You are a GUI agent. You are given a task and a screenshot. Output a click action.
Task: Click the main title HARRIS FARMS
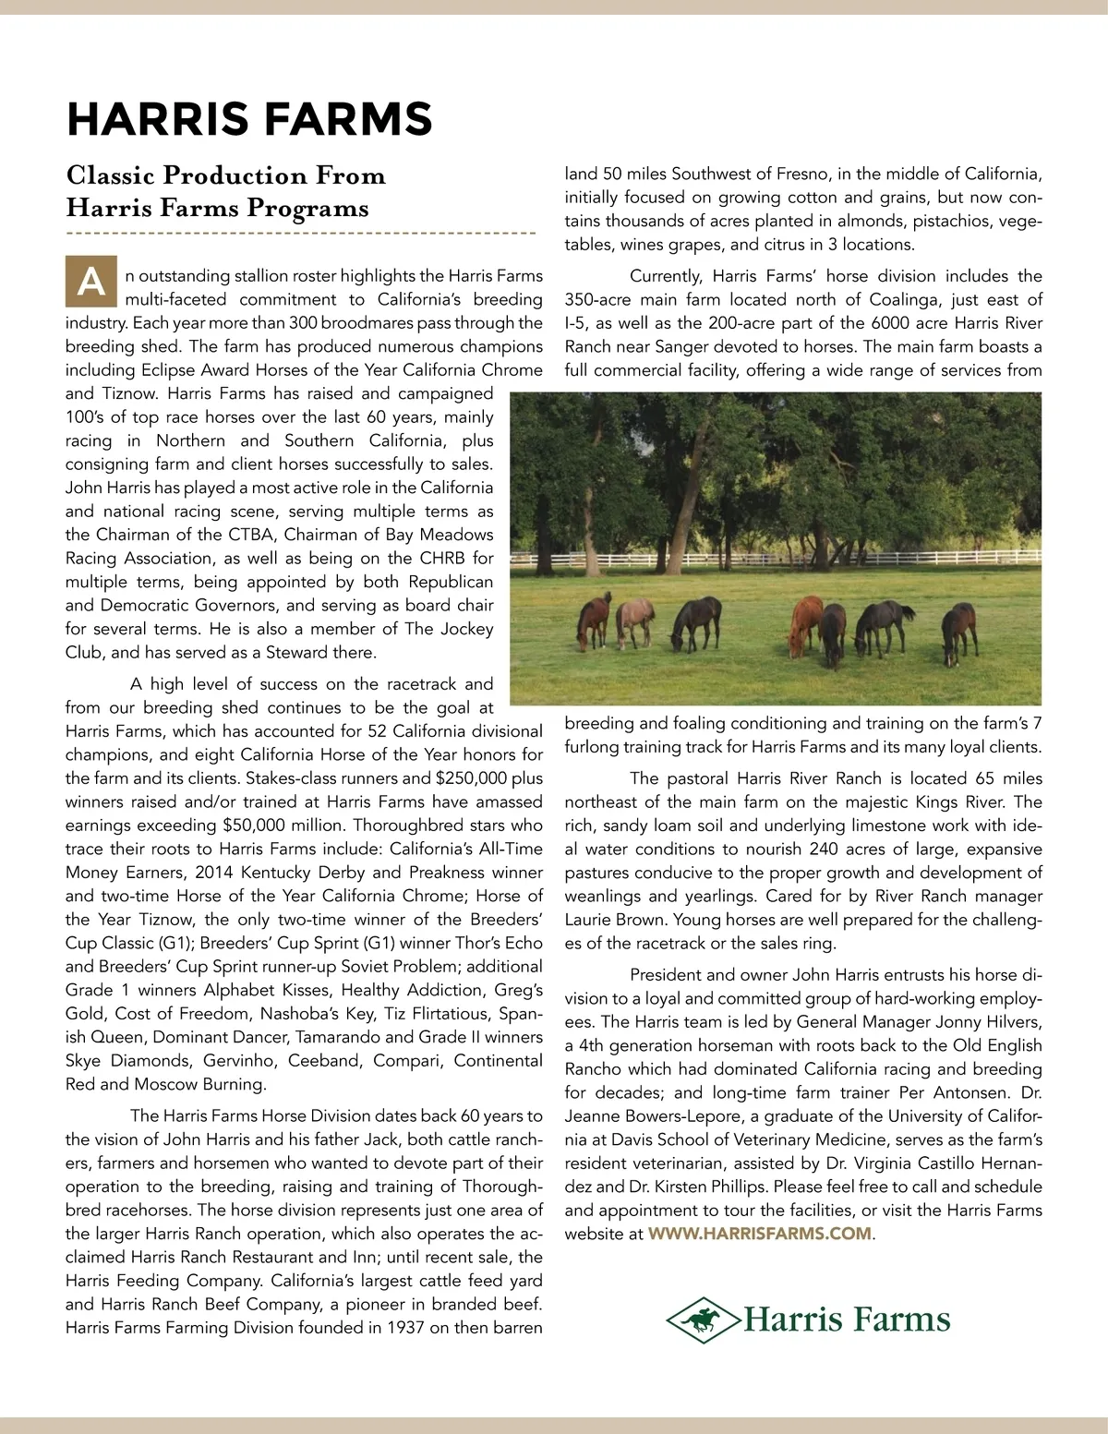tap(249, 119)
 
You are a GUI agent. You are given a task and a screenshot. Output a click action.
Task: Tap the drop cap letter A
tap(90, 282)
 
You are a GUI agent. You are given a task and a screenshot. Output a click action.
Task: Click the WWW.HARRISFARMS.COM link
tap(759, 1234)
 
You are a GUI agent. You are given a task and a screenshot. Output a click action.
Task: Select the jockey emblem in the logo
tap(705, 1320)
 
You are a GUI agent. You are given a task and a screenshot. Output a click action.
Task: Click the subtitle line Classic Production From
tap(225, 175)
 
